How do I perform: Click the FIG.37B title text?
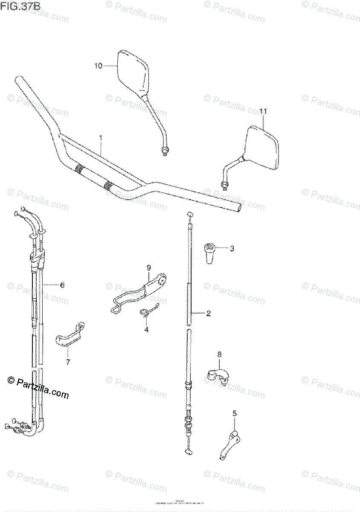coord(17,6)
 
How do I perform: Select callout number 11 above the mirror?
coord(263,111)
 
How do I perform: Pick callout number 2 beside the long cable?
coord(209,314)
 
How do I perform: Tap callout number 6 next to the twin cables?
coord(62,285)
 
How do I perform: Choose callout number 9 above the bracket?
coord(149,268)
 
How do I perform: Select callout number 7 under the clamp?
coord(67,362)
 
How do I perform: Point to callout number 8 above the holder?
coord(220,354)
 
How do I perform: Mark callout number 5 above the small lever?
coord(234,413)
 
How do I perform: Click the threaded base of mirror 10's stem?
coord(165,150)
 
